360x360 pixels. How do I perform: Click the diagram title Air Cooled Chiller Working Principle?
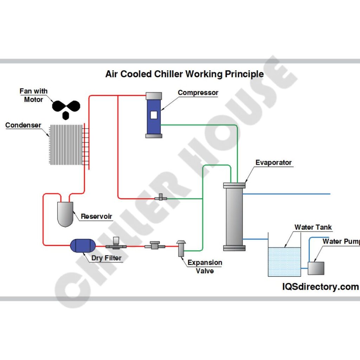tap(184, 74)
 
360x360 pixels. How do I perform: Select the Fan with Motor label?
tap(33, 95)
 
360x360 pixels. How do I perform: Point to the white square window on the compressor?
tap(154, 115)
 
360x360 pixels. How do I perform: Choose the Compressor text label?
tap(198, 93)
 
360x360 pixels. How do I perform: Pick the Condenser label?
tap(23, 125)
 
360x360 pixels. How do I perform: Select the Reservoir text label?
tap(96, 216)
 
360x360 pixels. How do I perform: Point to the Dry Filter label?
tap(107, 258)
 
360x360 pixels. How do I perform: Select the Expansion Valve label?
tap(205, 266)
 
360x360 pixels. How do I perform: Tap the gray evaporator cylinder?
tap(234, 216)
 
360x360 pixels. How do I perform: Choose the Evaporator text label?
tap(274, 162)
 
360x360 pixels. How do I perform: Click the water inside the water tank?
tap(284, 262)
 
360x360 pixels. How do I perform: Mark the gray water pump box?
tap(316, 268)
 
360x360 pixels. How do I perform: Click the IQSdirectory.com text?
tap(320, 287)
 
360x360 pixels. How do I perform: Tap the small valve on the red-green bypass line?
tap(161, 198)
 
